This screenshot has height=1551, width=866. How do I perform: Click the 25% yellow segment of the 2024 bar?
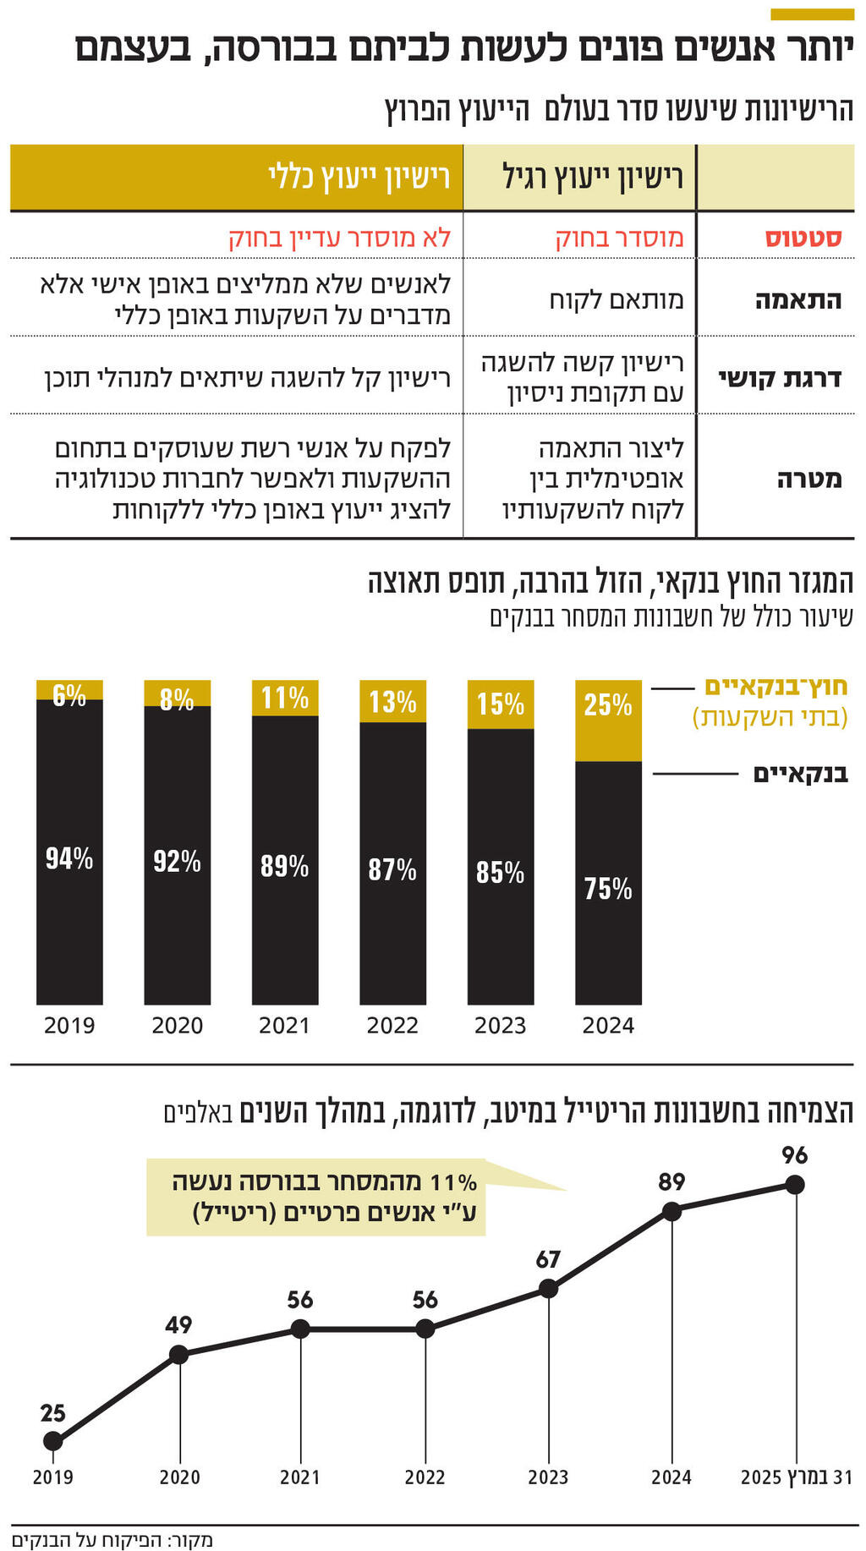(x=608, y=720)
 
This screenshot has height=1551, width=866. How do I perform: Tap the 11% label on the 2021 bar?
(x=285, y=699)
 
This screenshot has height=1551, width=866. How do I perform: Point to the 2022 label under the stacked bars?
(x=392, y=1026)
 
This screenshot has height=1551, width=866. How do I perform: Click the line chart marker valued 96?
(x=794, y=1185)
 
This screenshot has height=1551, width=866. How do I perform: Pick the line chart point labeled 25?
(x=52, y=1440)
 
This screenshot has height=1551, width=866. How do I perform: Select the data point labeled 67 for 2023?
(x=548, y=1289)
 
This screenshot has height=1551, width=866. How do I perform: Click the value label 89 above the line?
(x=671, y=1182)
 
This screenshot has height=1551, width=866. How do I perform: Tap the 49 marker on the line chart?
(x=178, y=1355)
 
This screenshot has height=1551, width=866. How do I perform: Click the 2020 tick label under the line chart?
(x=179, y=1477)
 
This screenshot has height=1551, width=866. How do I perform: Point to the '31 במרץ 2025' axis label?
(x=796, y=1477)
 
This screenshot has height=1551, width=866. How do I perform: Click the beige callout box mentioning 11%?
(x=316, y=1197)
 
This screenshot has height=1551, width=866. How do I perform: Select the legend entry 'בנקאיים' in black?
(x=800, y=774)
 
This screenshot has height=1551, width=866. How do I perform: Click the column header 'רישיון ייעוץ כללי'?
(x=359, y=178)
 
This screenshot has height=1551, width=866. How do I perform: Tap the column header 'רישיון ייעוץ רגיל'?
(x=593, y=178)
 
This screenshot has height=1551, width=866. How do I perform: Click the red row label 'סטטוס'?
(x=803, y=238)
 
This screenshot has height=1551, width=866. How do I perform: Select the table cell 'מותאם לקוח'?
(x=617, y=299)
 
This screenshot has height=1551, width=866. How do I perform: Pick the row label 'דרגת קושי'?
(x=780, y=377)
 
